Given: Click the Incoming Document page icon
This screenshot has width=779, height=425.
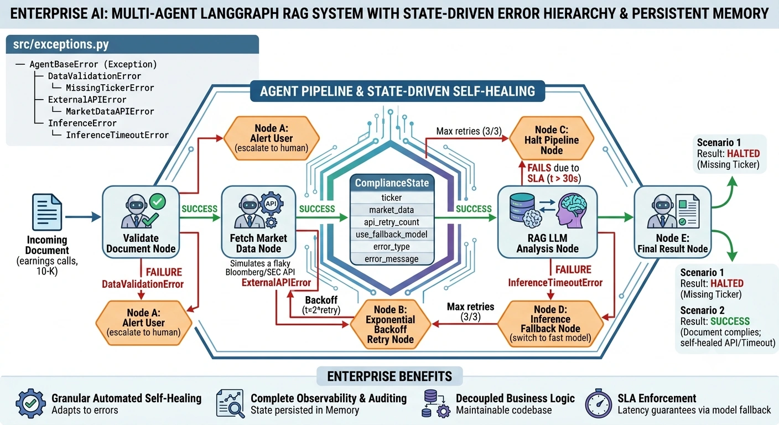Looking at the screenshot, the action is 47,212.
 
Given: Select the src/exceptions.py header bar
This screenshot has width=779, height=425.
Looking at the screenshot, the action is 132,44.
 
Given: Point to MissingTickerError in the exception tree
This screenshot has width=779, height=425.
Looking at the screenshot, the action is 110,87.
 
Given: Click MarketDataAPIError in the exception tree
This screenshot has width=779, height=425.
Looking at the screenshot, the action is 110,111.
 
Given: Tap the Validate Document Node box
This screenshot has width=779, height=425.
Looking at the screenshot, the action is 141,222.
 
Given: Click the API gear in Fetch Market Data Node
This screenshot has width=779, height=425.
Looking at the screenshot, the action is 271,204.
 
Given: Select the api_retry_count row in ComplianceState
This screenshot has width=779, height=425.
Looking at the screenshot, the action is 392,222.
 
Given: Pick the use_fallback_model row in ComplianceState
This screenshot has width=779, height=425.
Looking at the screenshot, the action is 392,235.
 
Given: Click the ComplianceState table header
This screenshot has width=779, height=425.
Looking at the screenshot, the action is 392,183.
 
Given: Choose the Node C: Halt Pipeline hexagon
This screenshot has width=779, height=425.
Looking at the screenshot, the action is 552,139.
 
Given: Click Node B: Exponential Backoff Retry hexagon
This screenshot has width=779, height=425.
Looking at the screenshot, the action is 390,324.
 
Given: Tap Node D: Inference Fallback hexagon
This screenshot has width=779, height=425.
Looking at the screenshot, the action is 550,323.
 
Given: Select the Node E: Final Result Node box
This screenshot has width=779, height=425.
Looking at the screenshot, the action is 673,222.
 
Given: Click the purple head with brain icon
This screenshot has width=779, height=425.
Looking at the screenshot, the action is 572,211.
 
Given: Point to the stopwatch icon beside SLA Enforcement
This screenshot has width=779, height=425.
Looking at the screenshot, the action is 598,403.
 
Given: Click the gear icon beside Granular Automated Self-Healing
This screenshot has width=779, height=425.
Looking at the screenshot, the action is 30,403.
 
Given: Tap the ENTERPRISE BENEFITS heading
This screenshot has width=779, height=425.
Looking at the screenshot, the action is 389,376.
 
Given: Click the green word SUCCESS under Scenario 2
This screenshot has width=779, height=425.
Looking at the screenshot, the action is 730,321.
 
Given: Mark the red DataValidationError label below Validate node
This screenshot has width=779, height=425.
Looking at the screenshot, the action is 143,284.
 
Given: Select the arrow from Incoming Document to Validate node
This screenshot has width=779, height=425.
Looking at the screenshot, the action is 83,217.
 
